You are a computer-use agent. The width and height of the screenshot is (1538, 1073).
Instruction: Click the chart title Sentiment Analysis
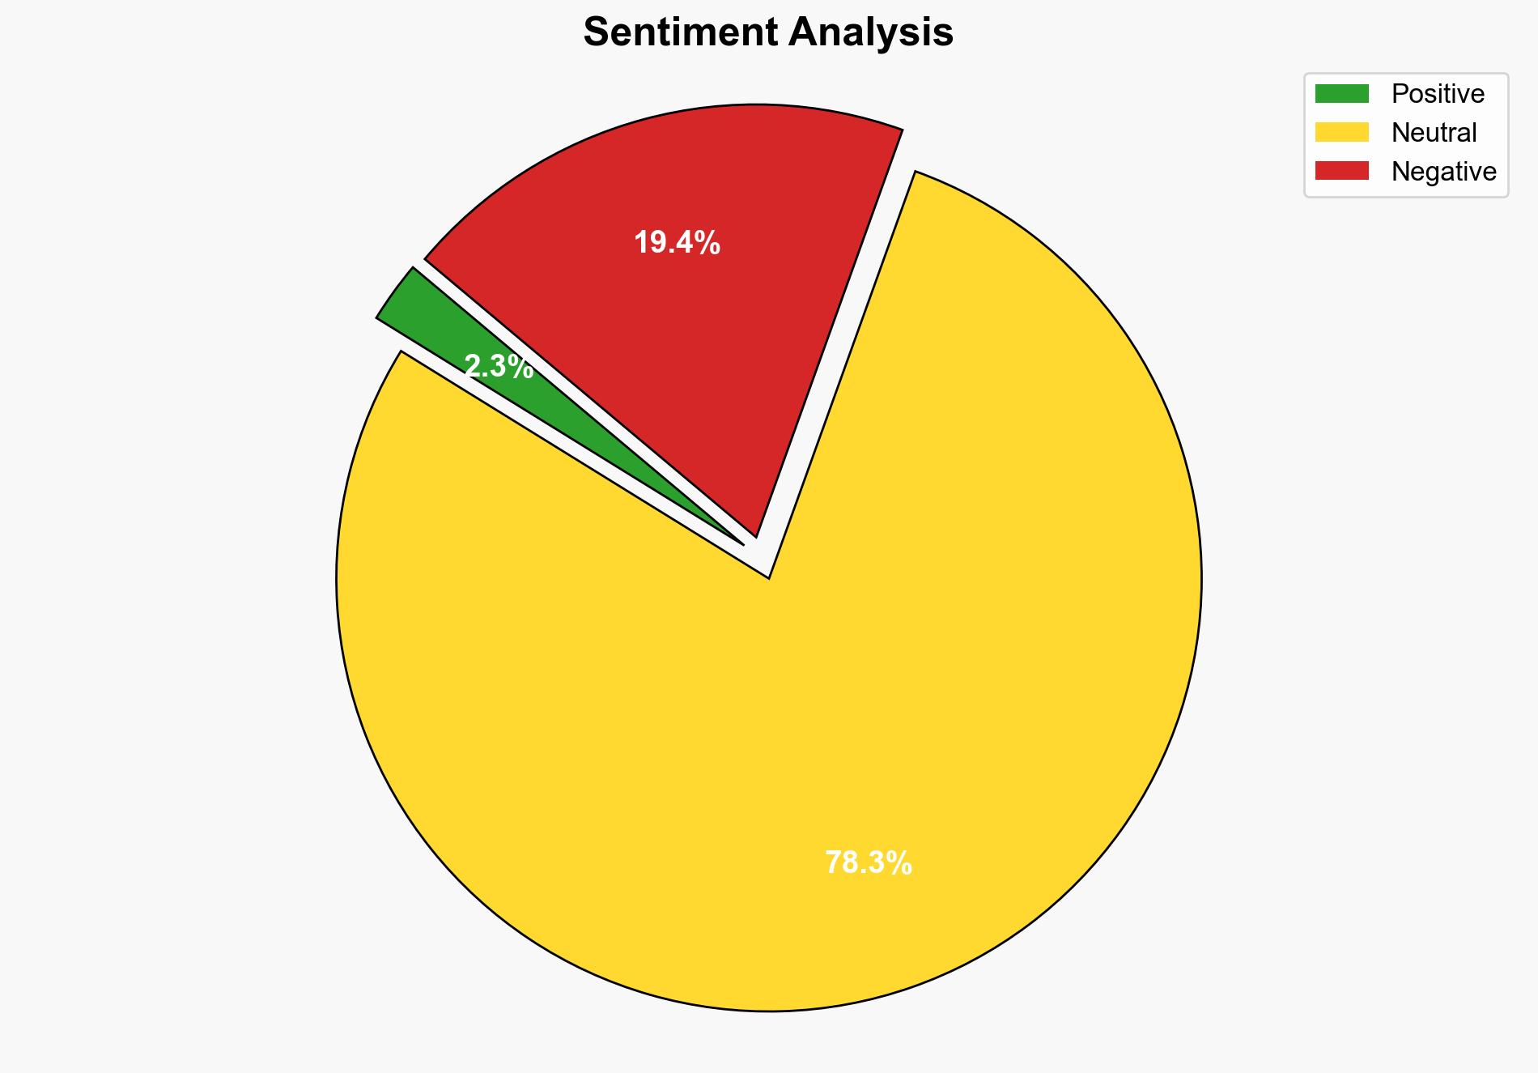point(768,33)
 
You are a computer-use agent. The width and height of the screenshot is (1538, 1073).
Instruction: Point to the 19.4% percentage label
point(677,243)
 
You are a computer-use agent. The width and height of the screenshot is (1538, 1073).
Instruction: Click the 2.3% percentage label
point(499,368)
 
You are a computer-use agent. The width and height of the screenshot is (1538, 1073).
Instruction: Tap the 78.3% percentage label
point(869,863)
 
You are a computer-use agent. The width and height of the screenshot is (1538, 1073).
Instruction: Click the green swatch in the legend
point(1341,94)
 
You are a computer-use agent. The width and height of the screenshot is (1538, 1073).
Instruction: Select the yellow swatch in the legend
point(1341,132)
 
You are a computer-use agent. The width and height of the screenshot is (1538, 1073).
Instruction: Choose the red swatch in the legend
point(1341,171)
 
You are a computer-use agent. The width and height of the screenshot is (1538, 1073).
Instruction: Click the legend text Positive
point(1438,94)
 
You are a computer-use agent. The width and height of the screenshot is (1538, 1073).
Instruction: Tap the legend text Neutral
point(1434,132)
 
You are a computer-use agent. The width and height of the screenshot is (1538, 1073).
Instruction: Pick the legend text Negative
point(1443,171)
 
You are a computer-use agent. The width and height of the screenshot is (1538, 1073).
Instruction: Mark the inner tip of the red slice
point(755,534)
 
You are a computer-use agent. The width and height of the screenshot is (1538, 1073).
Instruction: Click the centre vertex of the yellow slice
point(768,577)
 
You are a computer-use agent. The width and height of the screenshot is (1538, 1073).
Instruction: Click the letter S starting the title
point(596,33)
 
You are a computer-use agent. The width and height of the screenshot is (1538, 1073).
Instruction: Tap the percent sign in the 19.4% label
point(708,243)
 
